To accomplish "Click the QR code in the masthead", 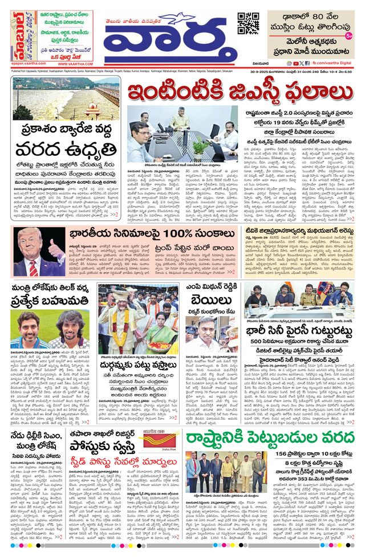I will (248, 23).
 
